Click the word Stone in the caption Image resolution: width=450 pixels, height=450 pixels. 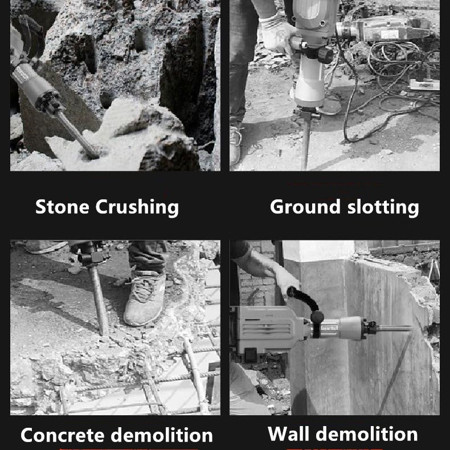[x=62, y=207]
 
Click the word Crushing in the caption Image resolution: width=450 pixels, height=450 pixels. [x=137, y=207]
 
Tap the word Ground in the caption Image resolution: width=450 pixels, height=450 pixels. [x=305, y=207]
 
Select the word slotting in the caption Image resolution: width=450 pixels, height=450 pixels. [x=383, y=207]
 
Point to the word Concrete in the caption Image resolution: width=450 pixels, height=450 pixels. [x=62, y=435]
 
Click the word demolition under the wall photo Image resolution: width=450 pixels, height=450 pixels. [x=367, y=433]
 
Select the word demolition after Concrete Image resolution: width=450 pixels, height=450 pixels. [x=162, y=435]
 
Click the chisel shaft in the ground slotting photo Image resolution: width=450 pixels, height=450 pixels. [x=306, y=144]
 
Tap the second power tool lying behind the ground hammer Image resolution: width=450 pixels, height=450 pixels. [x=384, y=28]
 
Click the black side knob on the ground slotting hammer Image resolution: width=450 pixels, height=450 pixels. [x=325, y=55]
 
